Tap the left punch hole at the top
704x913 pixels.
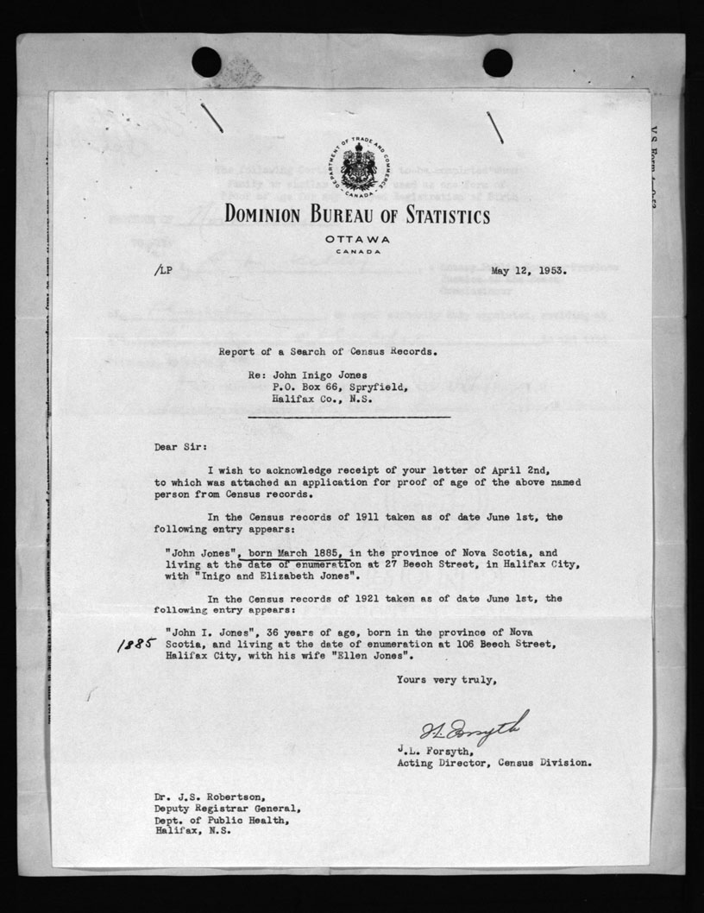(x=206, y=62)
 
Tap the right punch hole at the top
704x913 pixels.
(x=497, y=62)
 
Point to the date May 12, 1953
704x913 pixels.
(x=529, y=269)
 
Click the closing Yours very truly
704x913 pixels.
(x=446, y=680)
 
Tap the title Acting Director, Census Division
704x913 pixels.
(x=493, y=763)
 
